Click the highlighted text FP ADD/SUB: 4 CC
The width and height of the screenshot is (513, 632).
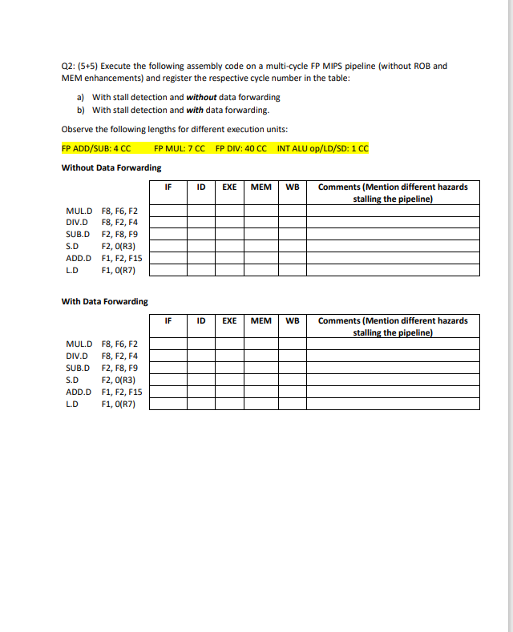[95, 148]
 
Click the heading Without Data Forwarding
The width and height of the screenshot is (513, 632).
[111, 167]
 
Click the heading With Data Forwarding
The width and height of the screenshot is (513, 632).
[104, 301]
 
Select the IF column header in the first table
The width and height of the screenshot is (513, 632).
[168, 187]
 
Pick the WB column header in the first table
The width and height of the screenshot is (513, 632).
[293, 187]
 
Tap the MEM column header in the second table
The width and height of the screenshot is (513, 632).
[261, 320]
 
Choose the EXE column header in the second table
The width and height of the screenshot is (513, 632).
[229, 320]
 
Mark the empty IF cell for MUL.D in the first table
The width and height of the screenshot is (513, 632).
[168, 211]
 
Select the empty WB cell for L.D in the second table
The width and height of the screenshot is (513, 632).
[293, 405]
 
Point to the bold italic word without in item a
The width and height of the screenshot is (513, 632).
[201, 98]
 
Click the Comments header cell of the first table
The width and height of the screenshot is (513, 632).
[393, 192]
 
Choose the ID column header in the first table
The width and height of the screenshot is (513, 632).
[201, 187]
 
